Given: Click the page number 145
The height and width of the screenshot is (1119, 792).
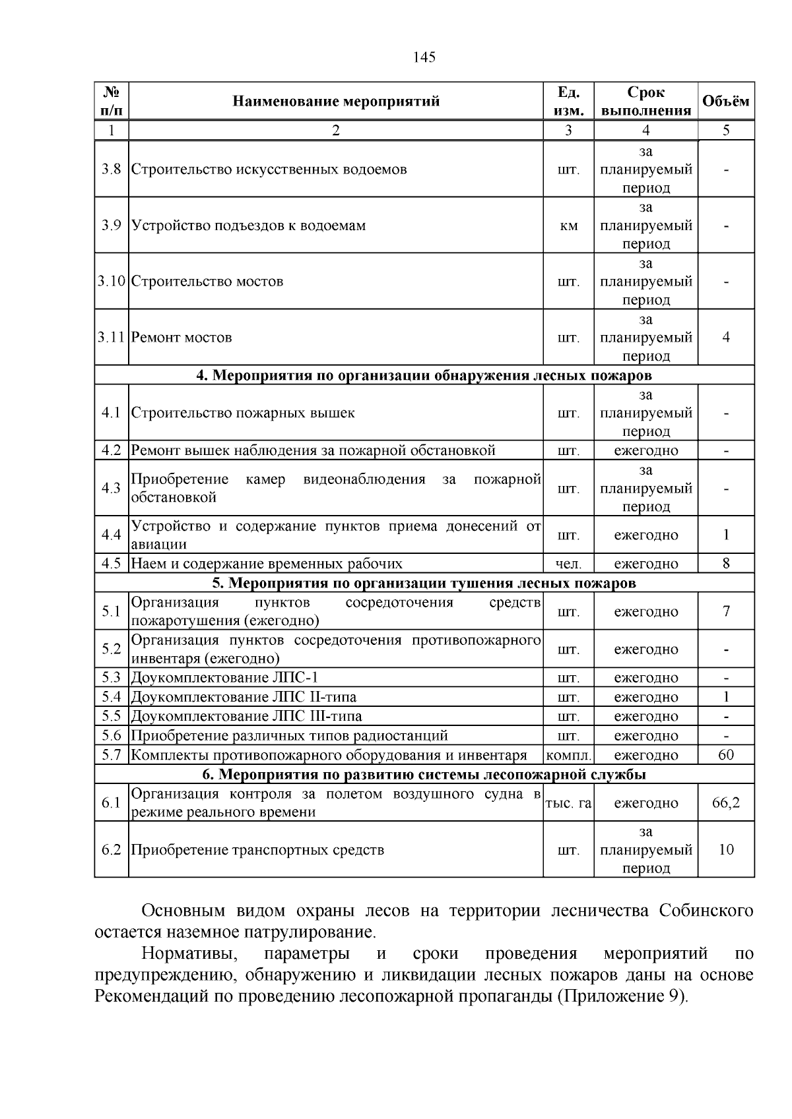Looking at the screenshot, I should (x=424, y=57).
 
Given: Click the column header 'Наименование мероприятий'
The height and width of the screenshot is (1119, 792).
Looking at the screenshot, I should (x=335, y=102).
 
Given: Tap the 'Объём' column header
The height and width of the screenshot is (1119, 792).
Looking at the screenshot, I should (x=725, y=102).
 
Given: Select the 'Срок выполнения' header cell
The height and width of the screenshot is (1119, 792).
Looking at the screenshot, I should (x=645, y=102).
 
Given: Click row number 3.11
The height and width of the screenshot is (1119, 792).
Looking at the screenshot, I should (x=112, y=338).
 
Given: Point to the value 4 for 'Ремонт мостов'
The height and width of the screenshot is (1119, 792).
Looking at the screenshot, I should (x=726, y=338).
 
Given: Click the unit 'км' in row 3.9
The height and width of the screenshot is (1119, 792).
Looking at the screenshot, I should (x=568, y=226).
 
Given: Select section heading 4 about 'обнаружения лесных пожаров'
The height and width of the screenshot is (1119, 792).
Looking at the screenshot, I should (x=424, y=376).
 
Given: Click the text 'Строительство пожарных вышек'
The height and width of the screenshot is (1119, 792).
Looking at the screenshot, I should (x=243, y=413).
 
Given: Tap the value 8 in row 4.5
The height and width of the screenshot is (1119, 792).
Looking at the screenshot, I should (x=726, y=564).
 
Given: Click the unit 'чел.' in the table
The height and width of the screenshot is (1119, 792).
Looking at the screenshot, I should (x=568, y=564).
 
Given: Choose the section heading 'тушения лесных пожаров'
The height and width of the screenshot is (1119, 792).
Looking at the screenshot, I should (x=424, y=584).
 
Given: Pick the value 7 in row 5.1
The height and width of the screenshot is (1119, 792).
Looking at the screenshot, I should (x=726, y=611).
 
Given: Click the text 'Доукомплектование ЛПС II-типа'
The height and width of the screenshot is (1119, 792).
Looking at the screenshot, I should (x=244, y=697).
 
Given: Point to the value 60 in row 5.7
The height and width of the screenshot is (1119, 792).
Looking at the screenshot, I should (x=726, y=755).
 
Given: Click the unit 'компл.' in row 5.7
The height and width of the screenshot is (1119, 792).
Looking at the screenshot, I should (x=568, y=756).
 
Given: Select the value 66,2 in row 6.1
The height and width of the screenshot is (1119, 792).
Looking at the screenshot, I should (x=726, y=803).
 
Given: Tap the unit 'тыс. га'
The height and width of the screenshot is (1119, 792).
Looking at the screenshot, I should (x=568, y=803).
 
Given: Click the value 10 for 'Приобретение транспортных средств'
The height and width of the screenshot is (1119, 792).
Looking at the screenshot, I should (x=726, y=850).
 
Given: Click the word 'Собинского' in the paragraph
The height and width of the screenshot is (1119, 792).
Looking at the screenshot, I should (x=706, y=911).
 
